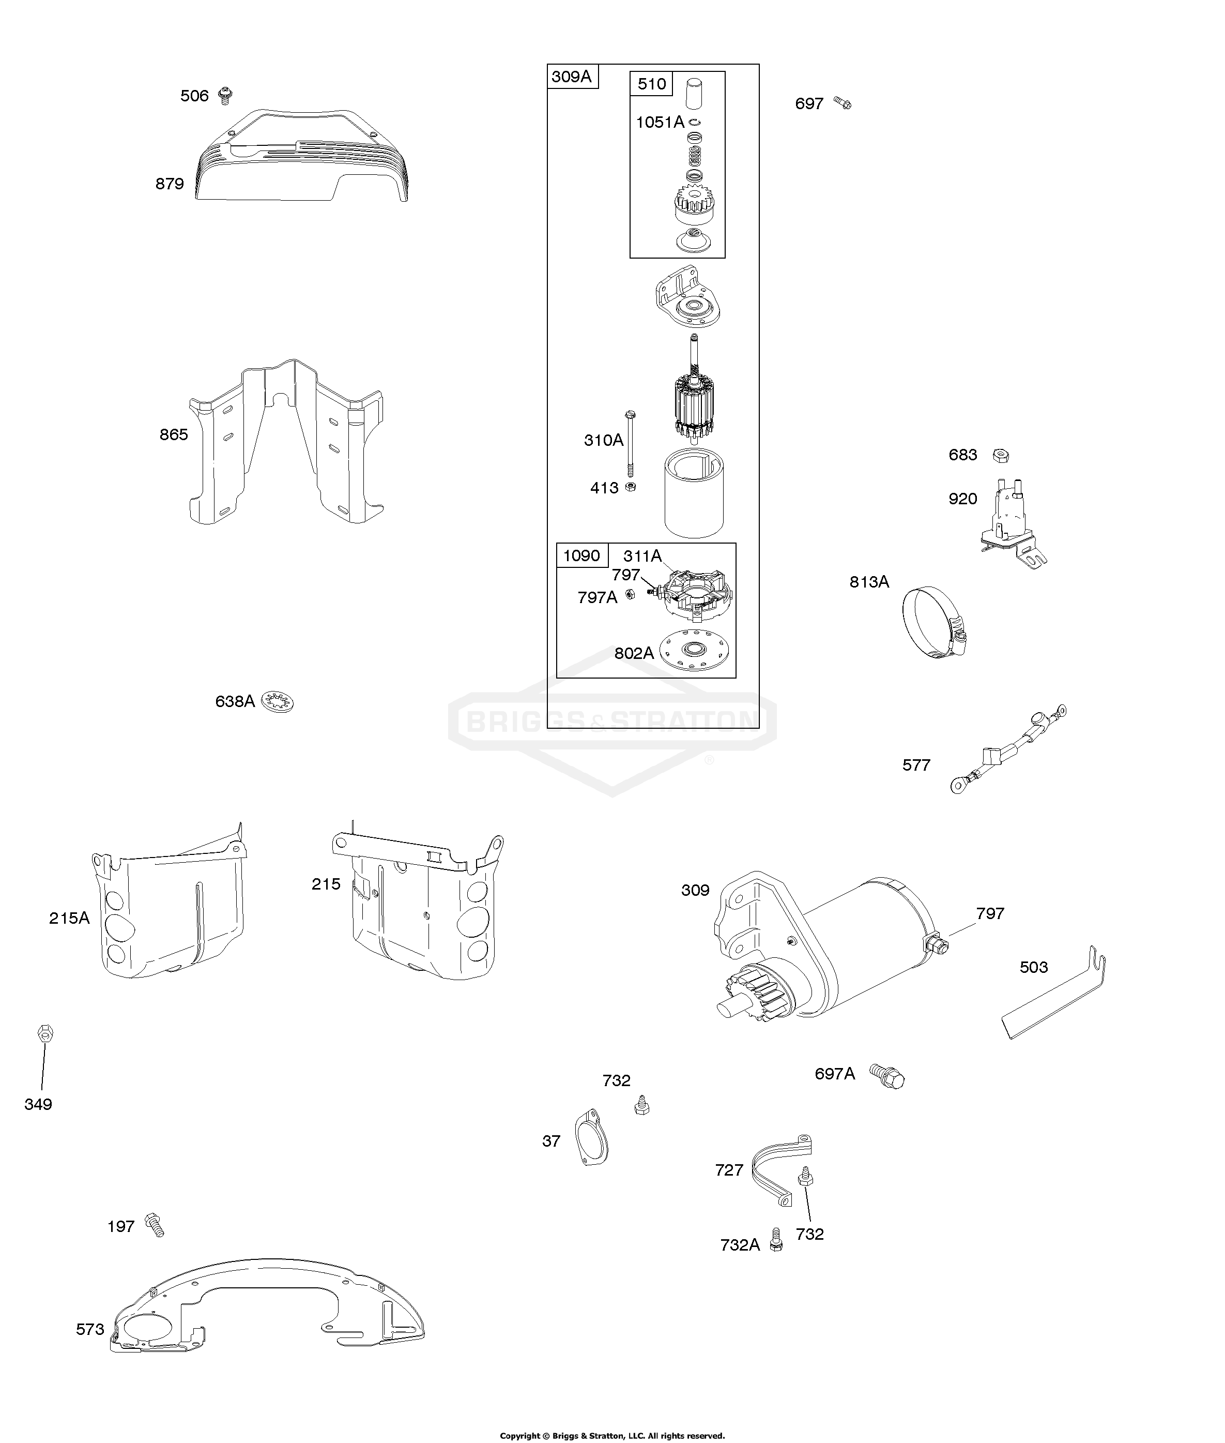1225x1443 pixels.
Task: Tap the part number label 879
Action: click(170, 184)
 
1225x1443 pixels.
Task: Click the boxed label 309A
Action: click(572, 77)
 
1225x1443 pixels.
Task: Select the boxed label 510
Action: click(651, 84)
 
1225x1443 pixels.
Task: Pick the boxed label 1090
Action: click(581, 556)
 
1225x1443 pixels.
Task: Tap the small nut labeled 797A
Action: click(631, 594)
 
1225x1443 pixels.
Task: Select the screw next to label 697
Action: click(843, 103)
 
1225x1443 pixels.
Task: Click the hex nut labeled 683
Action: click(1000, 456)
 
